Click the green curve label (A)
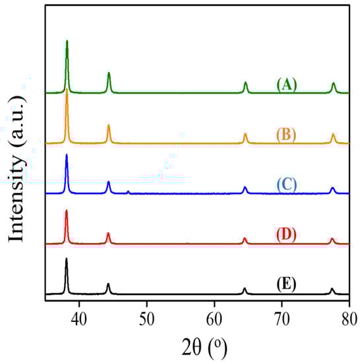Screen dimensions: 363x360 (286, 85)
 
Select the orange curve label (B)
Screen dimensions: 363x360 (286, 135)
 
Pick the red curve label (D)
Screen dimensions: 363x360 (286, 234)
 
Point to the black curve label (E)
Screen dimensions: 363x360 (286, 284)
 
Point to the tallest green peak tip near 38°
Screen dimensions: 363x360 (67, 41)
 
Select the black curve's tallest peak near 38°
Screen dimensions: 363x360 (66, 259)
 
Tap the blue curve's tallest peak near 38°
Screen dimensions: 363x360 (67, 155)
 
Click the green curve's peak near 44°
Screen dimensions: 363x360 (109, 73)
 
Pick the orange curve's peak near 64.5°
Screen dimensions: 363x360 (245, 133)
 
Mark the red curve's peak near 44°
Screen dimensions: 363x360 (108, 233)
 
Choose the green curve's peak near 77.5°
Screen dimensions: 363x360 (334, 83)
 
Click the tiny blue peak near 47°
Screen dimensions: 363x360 (128, 191)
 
